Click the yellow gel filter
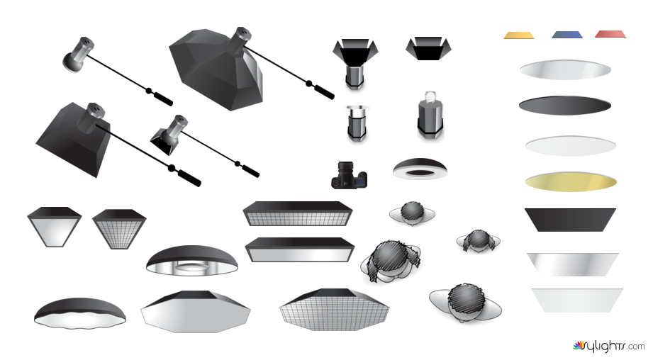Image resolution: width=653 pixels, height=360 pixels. (x=519, y=35)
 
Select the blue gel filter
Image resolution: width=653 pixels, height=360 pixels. (x=567, y=35)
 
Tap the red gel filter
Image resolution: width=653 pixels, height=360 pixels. (x=610, y=34)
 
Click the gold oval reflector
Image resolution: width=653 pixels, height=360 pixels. (x=571, y=181)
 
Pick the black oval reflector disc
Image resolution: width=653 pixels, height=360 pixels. (x=565, y=106)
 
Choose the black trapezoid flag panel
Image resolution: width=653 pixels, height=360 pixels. (x=570, y=220)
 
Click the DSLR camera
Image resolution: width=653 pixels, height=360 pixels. (x=350, y=175)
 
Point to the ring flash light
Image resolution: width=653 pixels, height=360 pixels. (x=420, y=169)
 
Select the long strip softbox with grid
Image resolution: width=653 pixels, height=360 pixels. (x=297, y=214)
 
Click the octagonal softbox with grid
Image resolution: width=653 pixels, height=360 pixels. (x=335, y=310)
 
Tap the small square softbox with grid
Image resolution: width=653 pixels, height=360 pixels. (x=119, y=229)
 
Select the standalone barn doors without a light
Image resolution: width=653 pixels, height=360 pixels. (x=428, y=48)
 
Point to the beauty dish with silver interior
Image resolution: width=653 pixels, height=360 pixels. (x=192, y=261)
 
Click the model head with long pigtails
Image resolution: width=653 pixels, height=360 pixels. (x=391, y=261)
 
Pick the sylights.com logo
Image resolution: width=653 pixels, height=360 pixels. (x=608, y=346)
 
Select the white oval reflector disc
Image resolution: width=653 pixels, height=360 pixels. (x=571, y=146)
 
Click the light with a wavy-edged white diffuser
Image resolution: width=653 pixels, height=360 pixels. (x=80, y=313)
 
